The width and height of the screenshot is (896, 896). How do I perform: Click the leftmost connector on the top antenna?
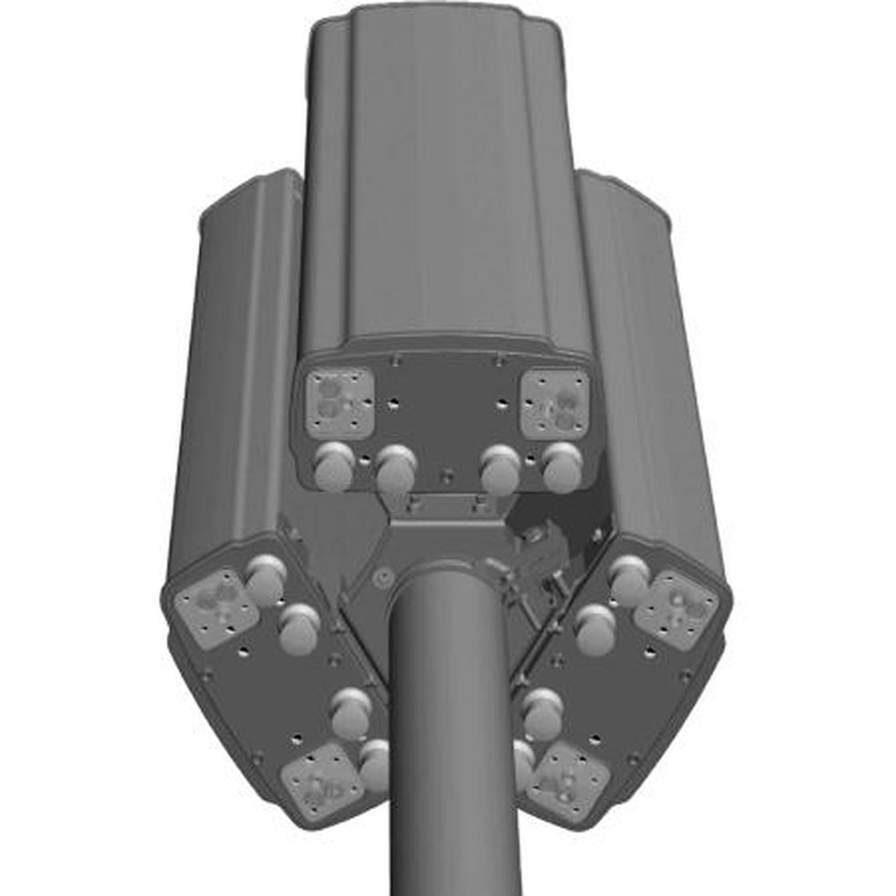[x=333, y=465]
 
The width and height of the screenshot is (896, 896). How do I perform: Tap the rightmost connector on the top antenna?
[x=563, y=465]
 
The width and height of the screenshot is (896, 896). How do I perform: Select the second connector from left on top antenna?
[x=395, y=470]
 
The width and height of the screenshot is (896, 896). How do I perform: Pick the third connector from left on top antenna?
[x=500, y=470]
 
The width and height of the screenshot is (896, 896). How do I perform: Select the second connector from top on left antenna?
[x=299, y=626]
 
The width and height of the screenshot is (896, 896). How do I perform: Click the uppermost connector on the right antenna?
[x=630, y=578]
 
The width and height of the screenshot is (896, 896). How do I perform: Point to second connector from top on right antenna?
[x=595, y=626]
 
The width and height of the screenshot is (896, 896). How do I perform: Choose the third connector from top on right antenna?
[x=542, y=712]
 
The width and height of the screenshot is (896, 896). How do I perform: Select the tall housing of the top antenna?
[x=444, y=179]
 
